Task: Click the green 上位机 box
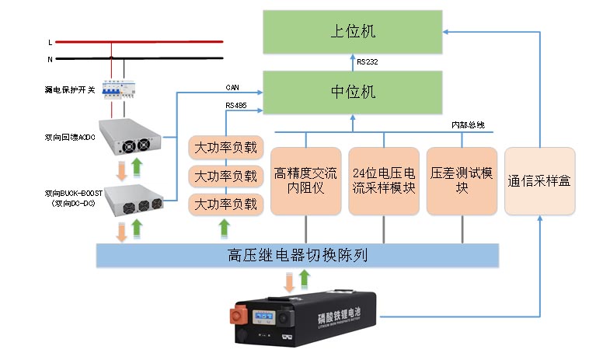coord(353,31)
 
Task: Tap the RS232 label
coord(368,61)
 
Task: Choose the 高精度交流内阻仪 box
coord(306,180)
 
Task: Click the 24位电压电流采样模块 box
coord(384,180)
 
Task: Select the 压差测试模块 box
coord(462,180)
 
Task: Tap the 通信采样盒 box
coord(539,180)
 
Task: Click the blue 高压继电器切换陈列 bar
coord(296,254)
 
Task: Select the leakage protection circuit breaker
coord(123,89)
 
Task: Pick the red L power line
coord(155,42)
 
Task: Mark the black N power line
coord(155,58)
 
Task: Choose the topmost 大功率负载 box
coord(225,147)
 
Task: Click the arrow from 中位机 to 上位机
coord(353,61)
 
